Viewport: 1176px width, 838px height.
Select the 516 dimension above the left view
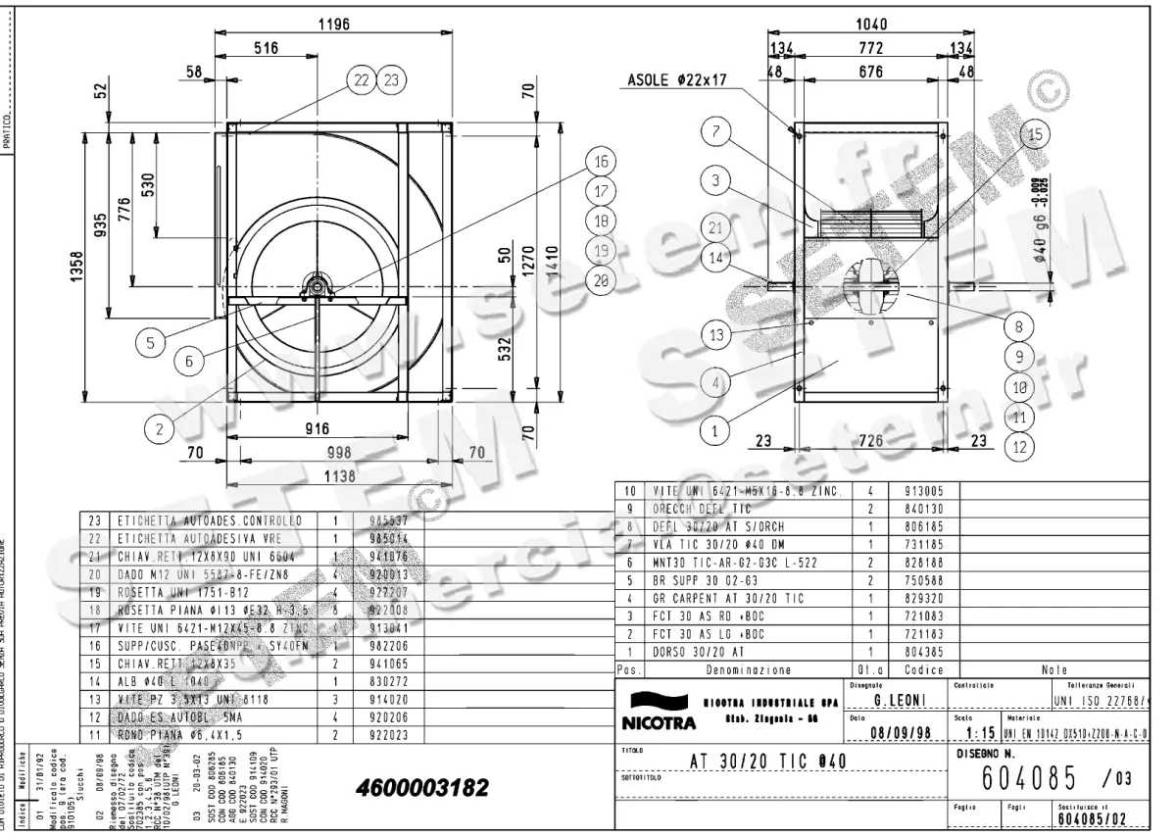pos(267,47)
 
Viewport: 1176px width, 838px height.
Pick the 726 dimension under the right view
pos(869,442)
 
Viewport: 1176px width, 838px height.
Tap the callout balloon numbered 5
pos(151,343)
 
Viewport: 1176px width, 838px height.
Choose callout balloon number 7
pos(716,130)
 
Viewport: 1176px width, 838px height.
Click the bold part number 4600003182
pos(420,789)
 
